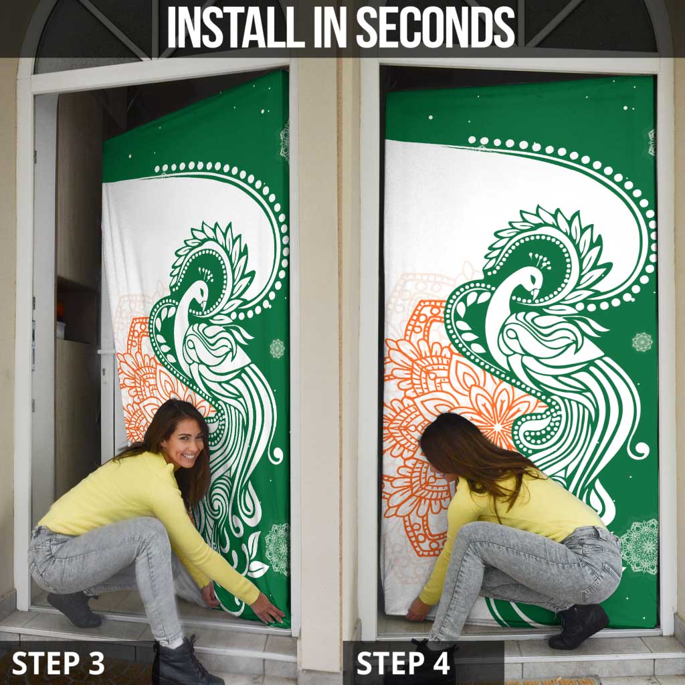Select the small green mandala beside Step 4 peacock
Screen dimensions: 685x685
click(642, 342)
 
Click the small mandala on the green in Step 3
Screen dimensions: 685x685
click(277, 348)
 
